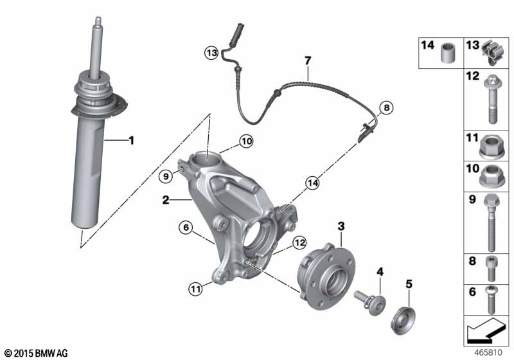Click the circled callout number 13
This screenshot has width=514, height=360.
[x=211, y=53]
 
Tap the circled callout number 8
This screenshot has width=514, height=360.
[x=387, y=107]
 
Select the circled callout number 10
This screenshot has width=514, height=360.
[x=246, y=141]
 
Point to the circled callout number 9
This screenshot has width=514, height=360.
[x=166, y=176]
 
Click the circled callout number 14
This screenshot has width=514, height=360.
[x=312, y=183]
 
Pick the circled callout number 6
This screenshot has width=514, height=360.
[x=186, y=227]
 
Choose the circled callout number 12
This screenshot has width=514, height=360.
[x=299, y=242]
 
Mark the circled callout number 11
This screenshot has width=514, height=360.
[x=195, y=289]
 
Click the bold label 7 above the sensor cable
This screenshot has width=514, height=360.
[x=308, y=60]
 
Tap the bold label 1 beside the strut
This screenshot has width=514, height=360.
[x=132, y=141]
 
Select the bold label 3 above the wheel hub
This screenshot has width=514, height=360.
[x=341, y=226]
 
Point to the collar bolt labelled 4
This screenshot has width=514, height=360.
[x=370, y=302]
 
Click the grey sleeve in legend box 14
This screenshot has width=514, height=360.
[x=447, y=53]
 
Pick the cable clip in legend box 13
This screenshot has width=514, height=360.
[x=492, y=53]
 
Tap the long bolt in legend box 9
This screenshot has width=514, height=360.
[x=492, y=222]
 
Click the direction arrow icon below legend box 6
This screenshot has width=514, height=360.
[x=485, y=330]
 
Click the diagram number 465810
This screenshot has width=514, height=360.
[x=488, y=352]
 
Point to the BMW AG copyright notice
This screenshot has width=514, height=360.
[x=36, y=353]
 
